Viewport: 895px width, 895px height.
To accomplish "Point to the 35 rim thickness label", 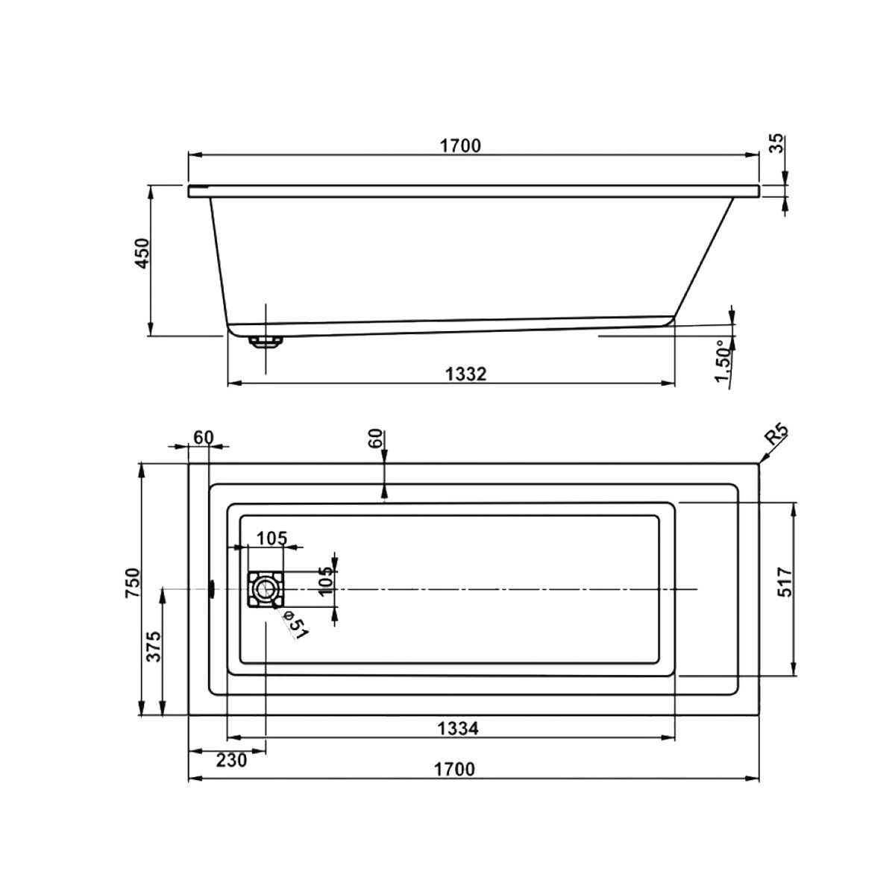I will (x=777, y=143).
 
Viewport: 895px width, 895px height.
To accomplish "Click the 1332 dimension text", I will (x=468, y=374).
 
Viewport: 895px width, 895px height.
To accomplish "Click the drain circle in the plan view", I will (x=264, y=589).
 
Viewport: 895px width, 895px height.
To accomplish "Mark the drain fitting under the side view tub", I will (x=266, y=342).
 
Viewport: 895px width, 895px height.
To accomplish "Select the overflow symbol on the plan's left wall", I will (x=211, y=589).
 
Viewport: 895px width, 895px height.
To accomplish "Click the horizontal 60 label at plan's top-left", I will (x=203, y=436).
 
